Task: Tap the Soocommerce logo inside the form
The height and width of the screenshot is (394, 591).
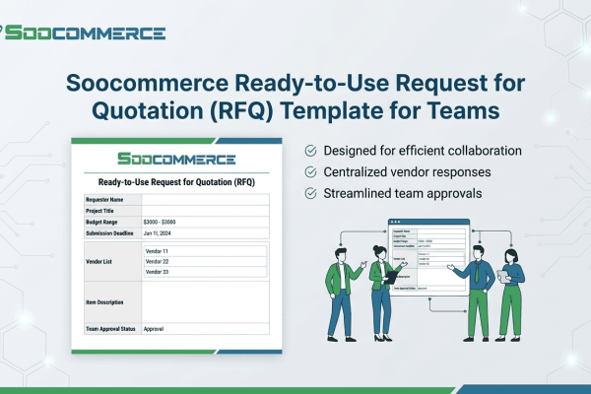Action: point(175,159)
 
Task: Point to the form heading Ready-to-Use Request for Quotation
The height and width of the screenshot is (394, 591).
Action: point(175,181)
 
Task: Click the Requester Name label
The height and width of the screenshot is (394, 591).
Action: point(106,200)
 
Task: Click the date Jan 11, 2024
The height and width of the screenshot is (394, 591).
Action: point(158,233)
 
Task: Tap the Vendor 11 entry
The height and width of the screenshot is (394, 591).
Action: point(158,251)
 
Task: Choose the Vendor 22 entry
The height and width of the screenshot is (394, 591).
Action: point(158,262)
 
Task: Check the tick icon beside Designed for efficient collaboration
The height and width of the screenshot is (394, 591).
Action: point(310,151)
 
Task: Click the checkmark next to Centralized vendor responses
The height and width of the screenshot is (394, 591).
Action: point(310,171)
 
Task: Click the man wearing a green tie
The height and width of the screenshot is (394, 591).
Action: point(480,281)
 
